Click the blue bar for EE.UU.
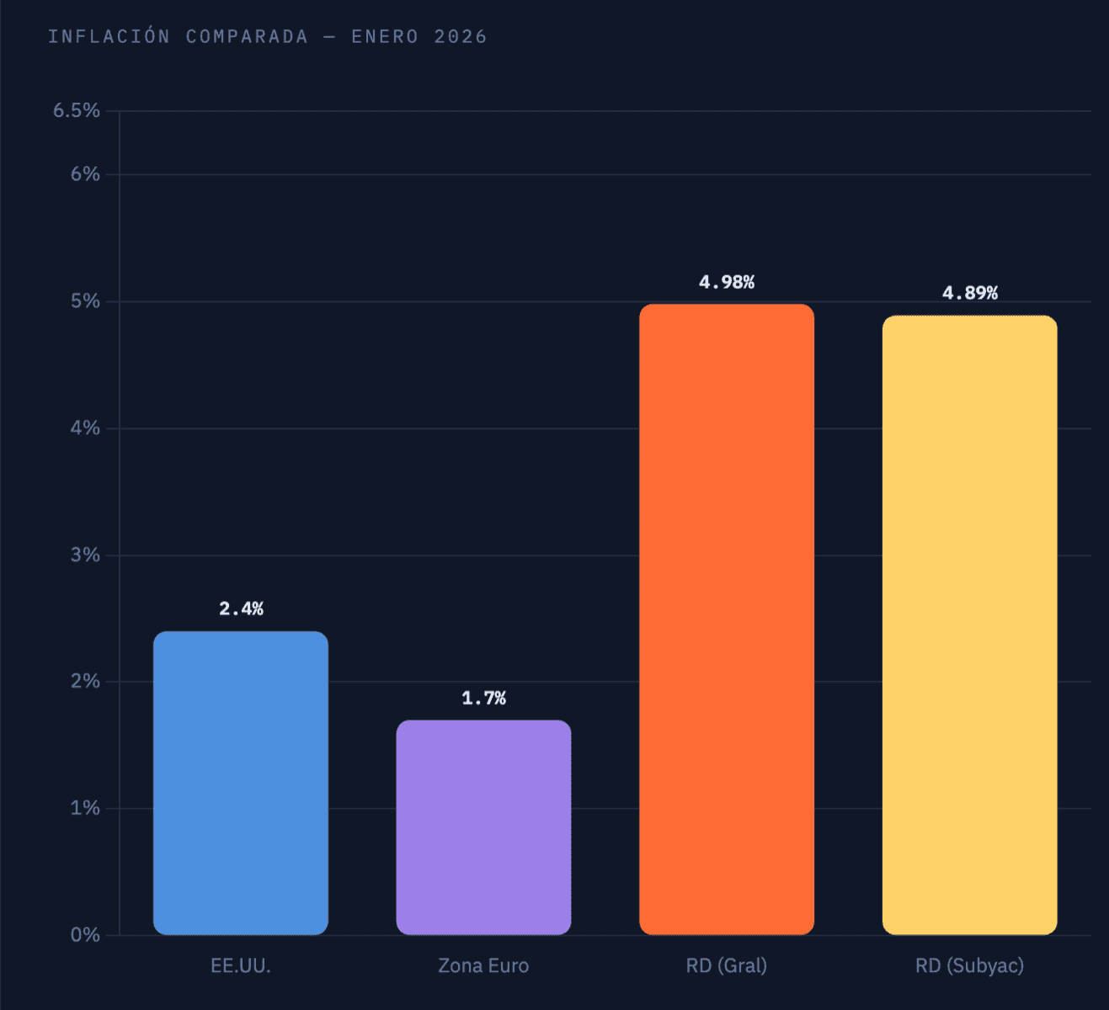click(241, 783)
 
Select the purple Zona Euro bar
click(483, 827)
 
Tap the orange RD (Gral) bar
click(727, 619)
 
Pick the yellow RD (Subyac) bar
click(969, 625)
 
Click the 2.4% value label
click(241, 609)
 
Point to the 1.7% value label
click(483, 698)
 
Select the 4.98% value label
click(727, 282)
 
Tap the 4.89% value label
click(969, 293)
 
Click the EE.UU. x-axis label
click(241, 965)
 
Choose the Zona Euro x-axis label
click(483, 965)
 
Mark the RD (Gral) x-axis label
click(727, 965)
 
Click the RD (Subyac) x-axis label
click(969, 965)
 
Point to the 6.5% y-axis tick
click(77, 111)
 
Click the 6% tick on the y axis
click(85, 174)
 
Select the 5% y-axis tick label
click(85, 301)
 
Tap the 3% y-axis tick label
click(85, 555)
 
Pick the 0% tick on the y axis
click(85, 935)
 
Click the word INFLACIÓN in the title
click(109, 37)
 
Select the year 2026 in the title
click(461, 37)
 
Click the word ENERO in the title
click(385, 37)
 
